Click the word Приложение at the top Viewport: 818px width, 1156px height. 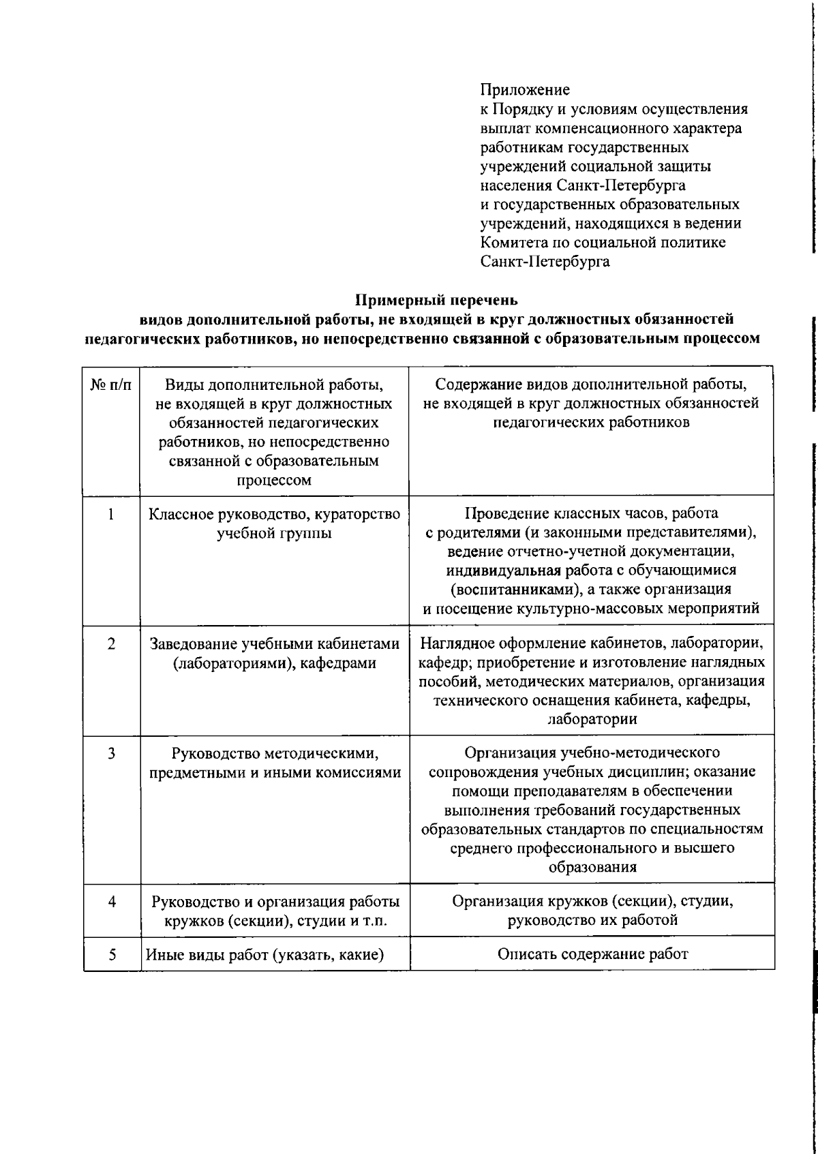tap(525, 90)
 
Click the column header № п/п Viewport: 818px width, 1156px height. tap(111, 385)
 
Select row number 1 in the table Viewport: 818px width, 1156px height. tap(111, 514)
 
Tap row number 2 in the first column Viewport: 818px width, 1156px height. tap(111, 643)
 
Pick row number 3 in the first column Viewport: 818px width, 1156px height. tap(111, 753)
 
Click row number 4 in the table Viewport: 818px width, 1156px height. tap(111, 902)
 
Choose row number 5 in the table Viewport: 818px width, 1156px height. tap(111, 954)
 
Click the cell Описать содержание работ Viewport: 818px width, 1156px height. tap(592, 954)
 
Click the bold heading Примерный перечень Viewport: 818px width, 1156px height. tap(437, 300)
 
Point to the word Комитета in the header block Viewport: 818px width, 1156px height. tap(511, 243)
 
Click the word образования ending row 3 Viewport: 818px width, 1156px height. tap(592, 867)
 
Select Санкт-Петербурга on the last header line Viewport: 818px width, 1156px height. tap(545, 262)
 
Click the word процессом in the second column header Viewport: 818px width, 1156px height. tap(274, 480)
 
